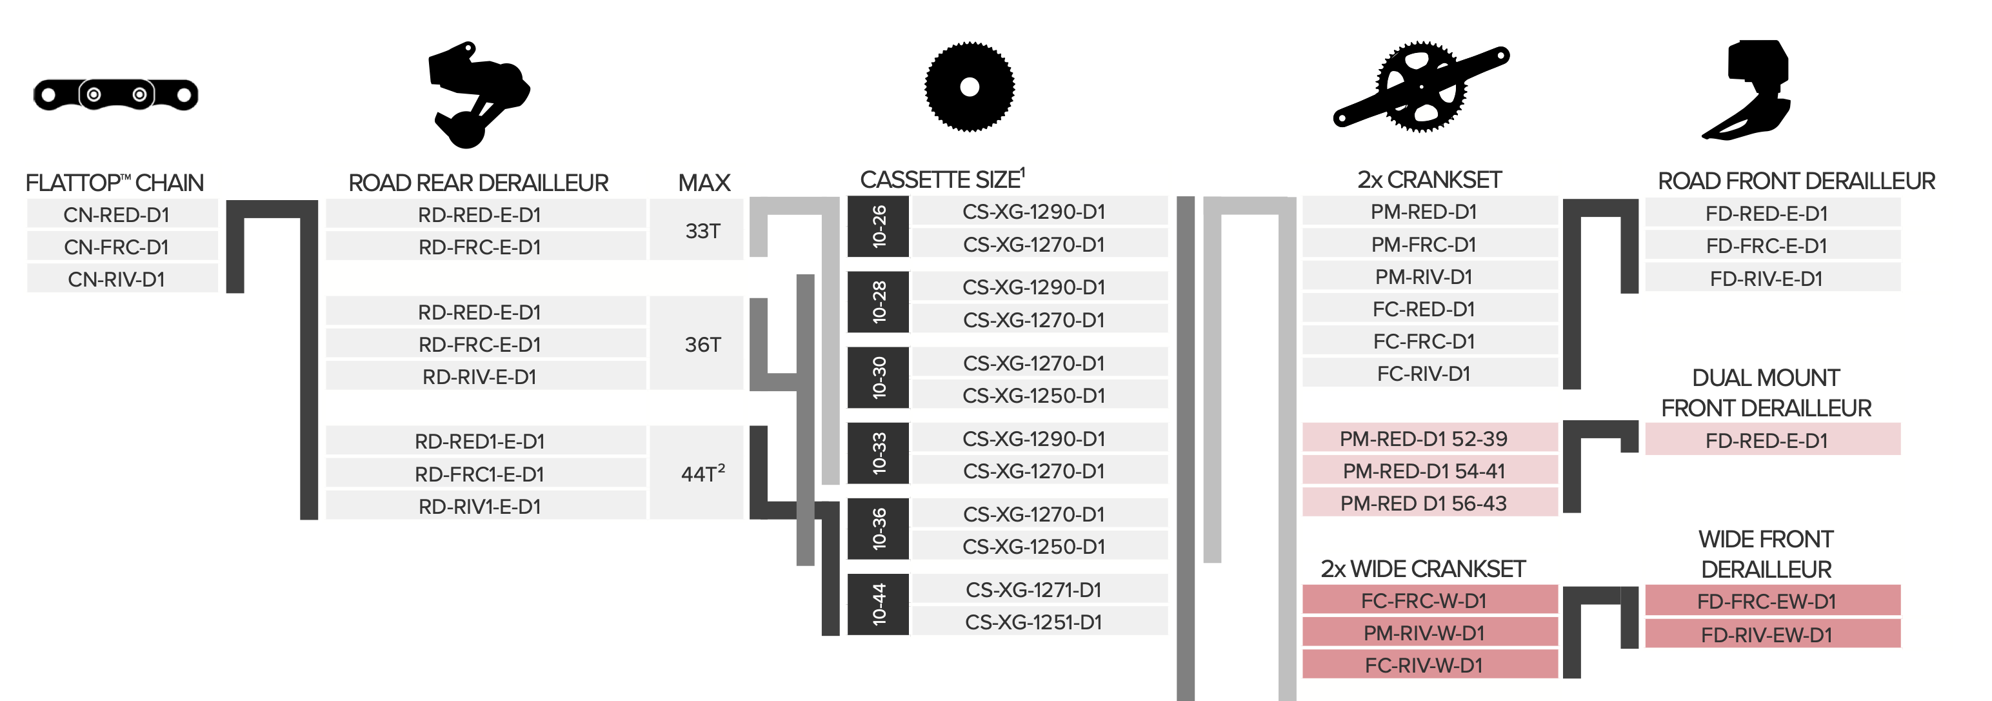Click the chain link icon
pyautogui.click(x=116, y=94)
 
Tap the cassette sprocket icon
pyautogui.click(x=969, y=86)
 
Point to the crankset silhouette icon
pyautogui.click(x=1420, y=87)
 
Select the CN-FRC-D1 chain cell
pyautogui.click(x=117, y=247)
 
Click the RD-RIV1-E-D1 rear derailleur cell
pyautogui.click(x=479, y=506)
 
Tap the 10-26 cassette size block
pyautogui.click(x=879, y=227)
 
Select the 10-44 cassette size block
pyautogui.click(x=879, y=604)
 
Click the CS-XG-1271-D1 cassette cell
pyautogui.click(x=1033, y=589)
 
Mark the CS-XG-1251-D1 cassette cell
pyautogui.click(x=1033, y=622)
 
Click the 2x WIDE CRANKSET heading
pyautogui.click(x=1422, y=569)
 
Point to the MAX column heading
pyautogui.click(x=704, y=183)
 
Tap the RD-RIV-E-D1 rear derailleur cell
pyautogui.click(x=479, y=377)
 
